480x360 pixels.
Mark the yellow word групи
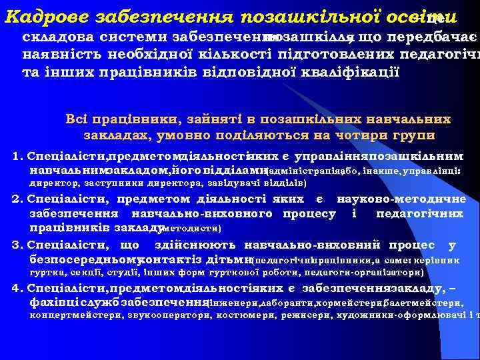[x=417, y=135]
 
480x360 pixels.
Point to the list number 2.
[x=17, y=199]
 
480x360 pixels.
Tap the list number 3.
[x=17, y=245]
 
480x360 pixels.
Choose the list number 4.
[x=17, y=289]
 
